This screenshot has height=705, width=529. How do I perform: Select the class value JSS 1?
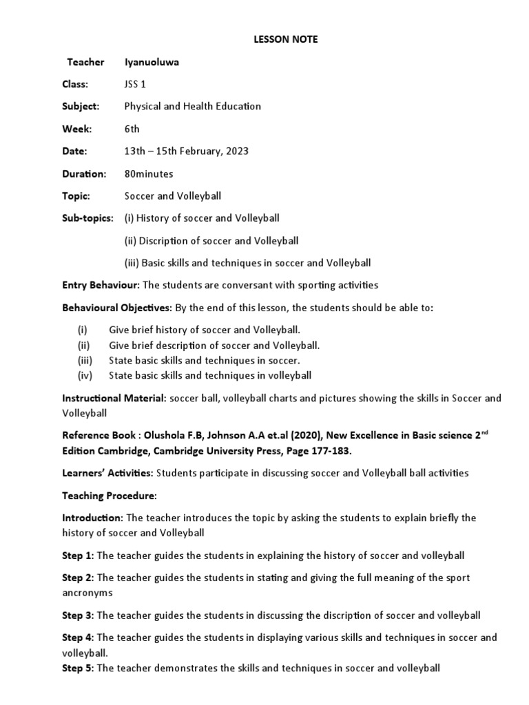point(135,85)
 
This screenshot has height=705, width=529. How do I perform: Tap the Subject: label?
point(81,107)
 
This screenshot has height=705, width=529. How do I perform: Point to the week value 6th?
point(132,129)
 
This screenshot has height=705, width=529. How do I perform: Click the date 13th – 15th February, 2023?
point(186,151)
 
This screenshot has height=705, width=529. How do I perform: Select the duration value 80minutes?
point(149,173)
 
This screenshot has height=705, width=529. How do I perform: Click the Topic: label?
point(76,196)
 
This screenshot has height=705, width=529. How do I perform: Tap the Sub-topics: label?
point(87,218)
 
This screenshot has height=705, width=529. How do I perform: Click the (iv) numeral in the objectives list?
point(84,375)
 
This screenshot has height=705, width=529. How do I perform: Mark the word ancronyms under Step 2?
point(87,593)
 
